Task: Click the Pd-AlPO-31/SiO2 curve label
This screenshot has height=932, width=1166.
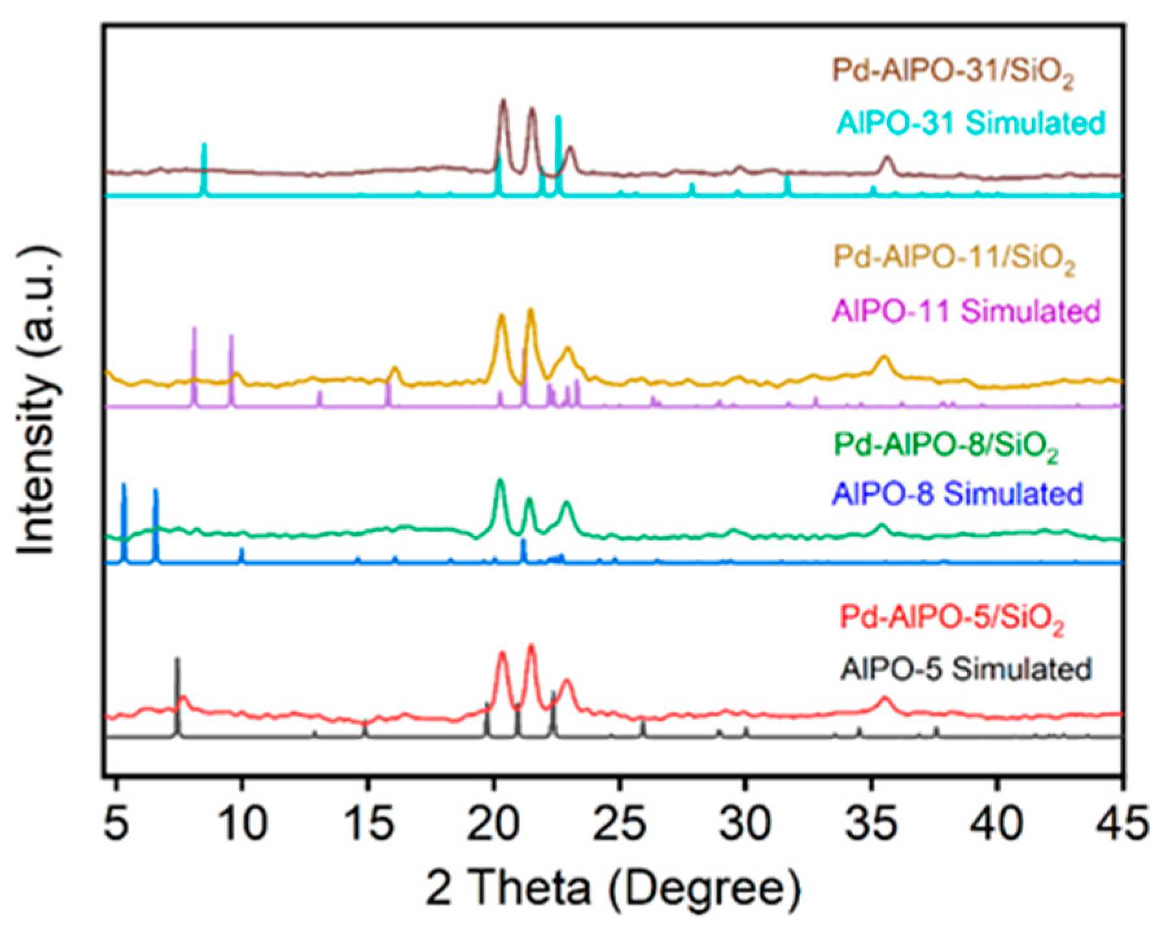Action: tap(952, 72)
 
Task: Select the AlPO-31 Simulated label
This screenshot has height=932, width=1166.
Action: tap(970, 122)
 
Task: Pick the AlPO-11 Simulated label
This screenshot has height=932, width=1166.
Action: tap(966, 311)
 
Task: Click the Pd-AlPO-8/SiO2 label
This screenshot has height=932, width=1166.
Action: tap(946, 446)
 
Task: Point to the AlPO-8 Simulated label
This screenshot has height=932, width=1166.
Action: tap(957, 494)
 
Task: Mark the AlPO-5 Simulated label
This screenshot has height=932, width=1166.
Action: tap(966, 669)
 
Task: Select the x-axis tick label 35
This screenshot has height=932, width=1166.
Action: tap(871, 824)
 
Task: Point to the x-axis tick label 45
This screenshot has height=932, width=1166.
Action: tap(1123, 824)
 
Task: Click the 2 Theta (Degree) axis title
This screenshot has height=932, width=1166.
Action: tap(613, 888)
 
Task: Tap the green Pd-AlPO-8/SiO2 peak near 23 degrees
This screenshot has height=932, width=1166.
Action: tap(567, 504)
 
